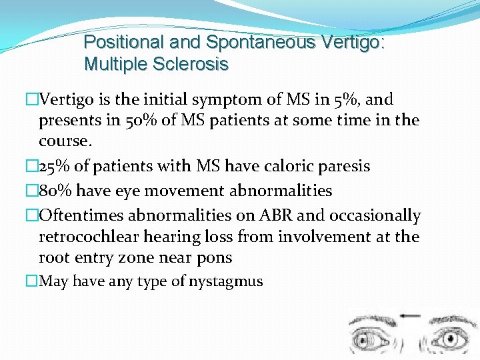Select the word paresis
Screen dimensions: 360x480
347,167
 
